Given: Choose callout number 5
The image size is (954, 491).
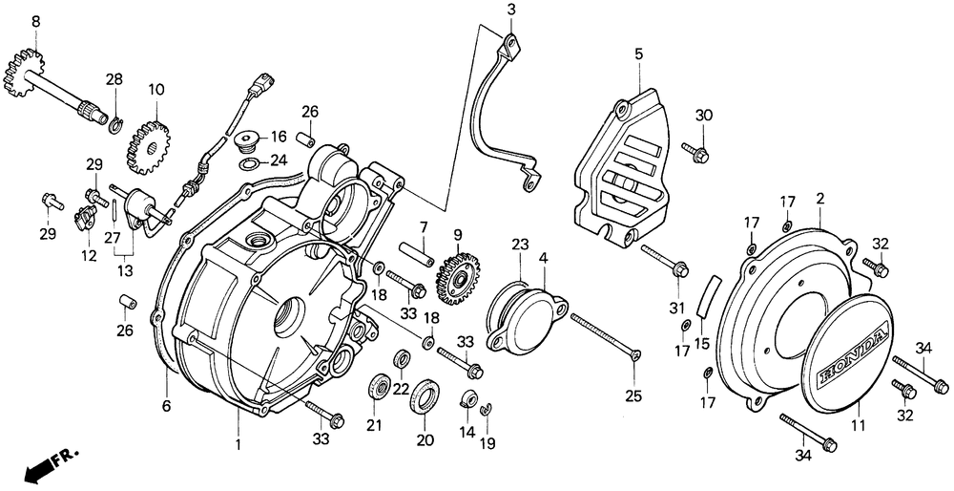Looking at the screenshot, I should (x=638, y=53).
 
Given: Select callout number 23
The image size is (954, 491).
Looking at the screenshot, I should (x=519, y=245).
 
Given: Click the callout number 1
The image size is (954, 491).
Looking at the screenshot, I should (x=239, y=444).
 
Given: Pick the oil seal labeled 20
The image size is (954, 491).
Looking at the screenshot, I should (x=425, y=395).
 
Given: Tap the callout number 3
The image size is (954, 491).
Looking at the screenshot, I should (x=511, y=10).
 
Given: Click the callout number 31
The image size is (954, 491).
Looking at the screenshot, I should (x=678, y=307).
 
